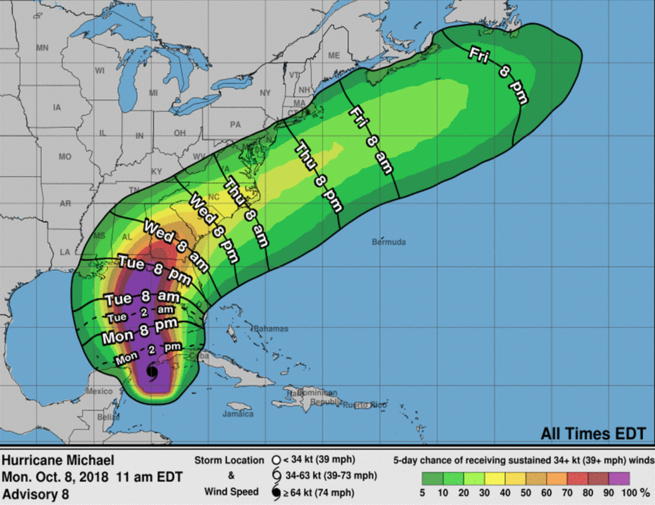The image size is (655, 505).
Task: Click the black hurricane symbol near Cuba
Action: click(x=152, y=373)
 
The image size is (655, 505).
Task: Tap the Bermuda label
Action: click(x=389, y=242)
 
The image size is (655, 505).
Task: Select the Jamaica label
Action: click(x=238, y=414)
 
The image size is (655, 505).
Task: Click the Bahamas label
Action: click(x=271, y=329)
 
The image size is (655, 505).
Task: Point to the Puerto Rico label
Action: click(x=364, y=405)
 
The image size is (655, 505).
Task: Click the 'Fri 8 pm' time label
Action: click(x=499, y=75)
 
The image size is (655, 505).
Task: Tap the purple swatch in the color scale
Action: click(x=620, y=479)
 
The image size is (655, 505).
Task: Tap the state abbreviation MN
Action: click(x=42, y=48)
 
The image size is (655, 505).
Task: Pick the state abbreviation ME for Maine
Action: click(x=334, y=56)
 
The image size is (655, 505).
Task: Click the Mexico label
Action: click(x=99, y=391)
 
